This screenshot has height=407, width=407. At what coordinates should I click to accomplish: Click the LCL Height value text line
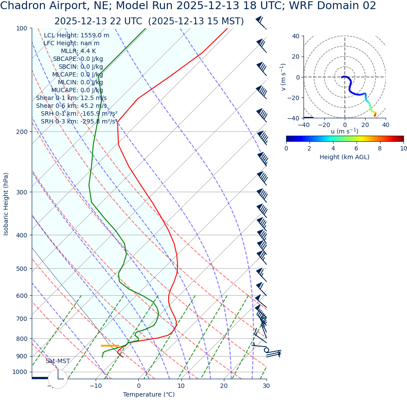[x=77, y=36]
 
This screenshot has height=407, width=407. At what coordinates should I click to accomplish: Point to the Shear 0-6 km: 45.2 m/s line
[x=71, y=106]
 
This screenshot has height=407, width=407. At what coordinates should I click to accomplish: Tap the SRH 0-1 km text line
[x=79, y=113]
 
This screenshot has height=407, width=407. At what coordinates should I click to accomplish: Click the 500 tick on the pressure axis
[x=22, y=269]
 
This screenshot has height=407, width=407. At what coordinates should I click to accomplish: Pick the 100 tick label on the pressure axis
[x=22, y=28]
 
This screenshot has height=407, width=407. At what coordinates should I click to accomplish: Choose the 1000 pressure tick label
[x=20, y=372]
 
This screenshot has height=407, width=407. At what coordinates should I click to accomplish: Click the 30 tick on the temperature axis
[x=266, y=386]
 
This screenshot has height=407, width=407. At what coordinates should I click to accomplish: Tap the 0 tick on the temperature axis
[x=139, y=386]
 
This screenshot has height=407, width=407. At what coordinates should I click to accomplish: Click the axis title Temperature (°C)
[x=149, y=395]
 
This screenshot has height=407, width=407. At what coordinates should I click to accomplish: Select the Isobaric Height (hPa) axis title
[x=6, y=204]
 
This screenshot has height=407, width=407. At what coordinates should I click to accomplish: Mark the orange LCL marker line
[x=110, y=346]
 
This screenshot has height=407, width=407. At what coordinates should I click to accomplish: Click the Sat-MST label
[x=57, y=361]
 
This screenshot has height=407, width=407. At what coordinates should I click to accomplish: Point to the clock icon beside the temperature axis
[x=58, y=379]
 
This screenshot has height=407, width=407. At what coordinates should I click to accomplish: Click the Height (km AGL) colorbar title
[x=344, y=157]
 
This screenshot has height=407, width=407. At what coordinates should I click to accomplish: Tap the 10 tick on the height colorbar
[x=404, y=148]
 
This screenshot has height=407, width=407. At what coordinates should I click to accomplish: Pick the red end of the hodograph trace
[x=375, y=115]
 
